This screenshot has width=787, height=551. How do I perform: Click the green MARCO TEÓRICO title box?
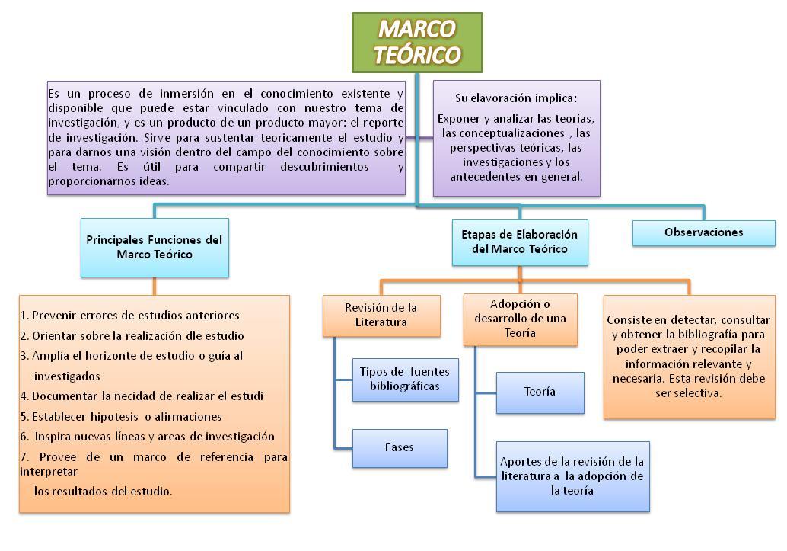coord(417,43)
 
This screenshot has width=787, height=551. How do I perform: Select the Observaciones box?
coord(704,232)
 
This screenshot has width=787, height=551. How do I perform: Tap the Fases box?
coord(400,448)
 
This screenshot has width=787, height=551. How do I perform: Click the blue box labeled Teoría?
coord(540,392)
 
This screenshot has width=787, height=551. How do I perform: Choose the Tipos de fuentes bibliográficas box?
coord(405,380)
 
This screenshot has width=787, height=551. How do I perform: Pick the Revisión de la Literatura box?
coord(381,316)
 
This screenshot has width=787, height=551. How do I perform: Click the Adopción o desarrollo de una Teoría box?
coord(520,319)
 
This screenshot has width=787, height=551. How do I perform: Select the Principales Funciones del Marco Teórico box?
coord(155,248)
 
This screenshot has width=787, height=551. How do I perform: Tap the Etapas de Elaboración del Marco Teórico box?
coord(520,242)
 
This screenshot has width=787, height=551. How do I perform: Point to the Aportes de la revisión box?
coord(572,476)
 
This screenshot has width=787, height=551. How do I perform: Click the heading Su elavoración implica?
coord(516,98)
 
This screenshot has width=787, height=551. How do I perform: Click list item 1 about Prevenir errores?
coord(130,316)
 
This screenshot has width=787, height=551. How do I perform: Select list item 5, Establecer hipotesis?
coord(121,417)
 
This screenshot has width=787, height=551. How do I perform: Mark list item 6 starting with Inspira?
coord(148,437)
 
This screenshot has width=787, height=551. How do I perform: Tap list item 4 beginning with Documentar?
coord(142,396)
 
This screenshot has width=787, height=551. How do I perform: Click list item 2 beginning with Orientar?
coord(132,336)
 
